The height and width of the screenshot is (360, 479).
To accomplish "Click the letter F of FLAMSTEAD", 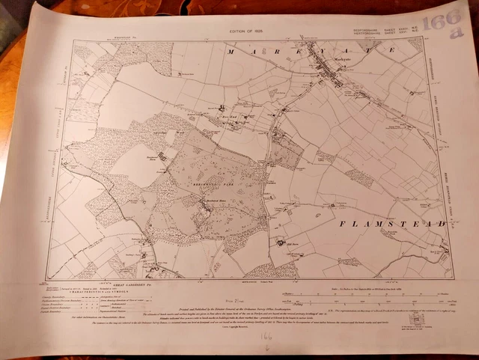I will [341, 224].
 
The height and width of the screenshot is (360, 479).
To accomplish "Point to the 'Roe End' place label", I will [231, 117].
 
